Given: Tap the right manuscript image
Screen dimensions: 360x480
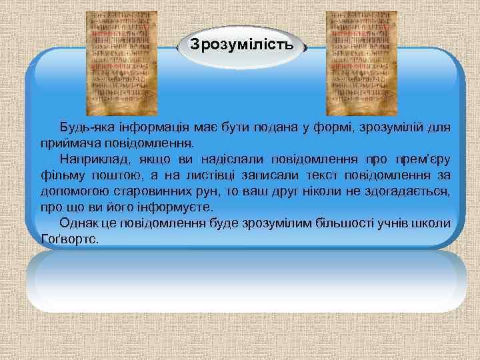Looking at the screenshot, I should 361,63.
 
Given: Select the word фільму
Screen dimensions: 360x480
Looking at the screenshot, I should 59,175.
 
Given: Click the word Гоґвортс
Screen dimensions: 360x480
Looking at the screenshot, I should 69,239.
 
